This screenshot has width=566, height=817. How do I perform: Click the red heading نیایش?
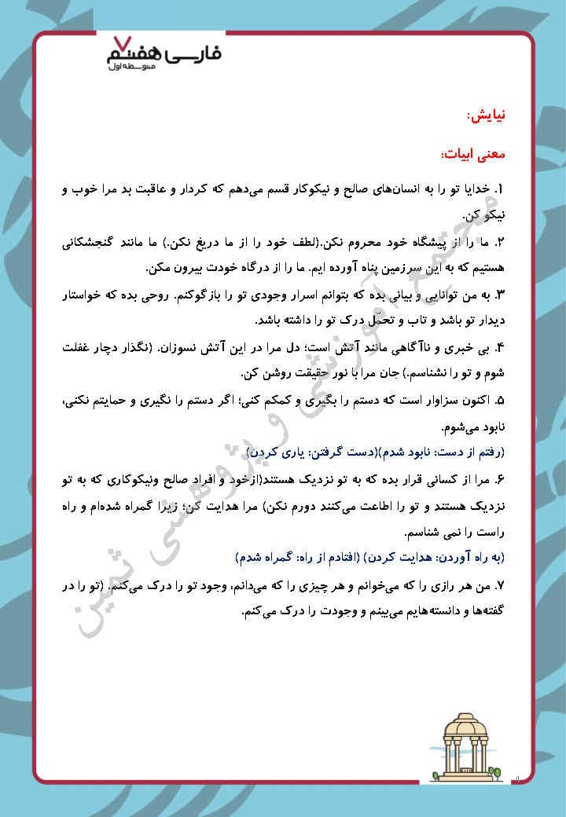[x=486, y=115]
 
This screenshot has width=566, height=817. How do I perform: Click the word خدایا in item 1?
[x=472, y=190]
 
